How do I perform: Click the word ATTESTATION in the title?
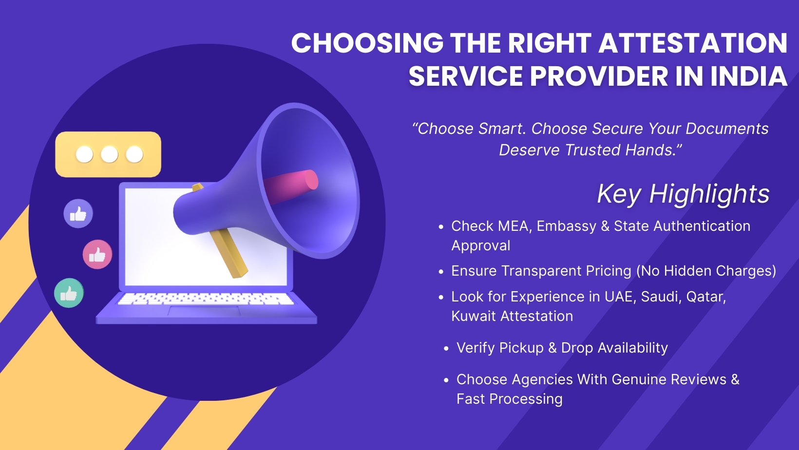pos(692,43)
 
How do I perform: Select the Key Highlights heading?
pos(683,194)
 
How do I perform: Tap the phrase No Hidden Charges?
pos(706,271)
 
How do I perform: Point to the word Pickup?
pos(521,348)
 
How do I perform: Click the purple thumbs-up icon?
pos(78,213)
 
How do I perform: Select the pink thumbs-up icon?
pos(97,254)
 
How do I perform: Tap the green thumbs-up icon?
pos(69,293)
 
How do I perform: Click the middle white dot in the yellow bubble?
pos(109,154)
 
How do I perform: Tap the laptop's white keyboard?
pos(205,299)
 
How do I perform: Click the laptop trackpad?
pos(204,311)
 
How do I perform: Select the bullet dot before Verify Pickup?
pos(446,349)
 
